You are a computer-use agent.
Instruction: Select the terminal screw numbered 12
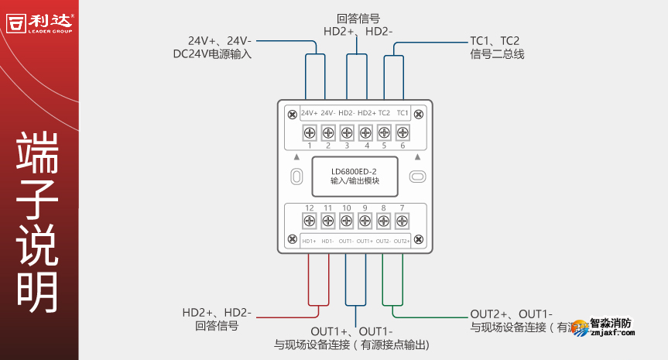click(309, 221)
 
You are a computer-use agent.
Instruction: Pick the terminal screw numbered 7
click(402, 221)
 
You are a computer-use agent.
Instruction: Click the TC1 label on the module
click(402, 113)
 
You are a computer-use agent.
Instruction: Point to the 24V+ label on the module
click(309, 113)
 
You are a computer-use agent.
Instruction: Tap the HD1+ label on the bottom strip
click(309, 242)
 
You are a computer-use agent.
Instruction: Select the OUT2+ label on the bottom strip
click(402, 242)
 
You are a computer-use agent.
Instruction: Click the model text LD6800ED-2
click(354, 171)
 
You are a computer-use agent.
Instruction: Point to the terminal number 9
click(365, 207)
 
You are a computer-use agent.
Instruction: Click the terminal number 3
click(346, 146)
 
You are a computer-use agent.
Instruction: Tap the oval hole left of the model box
click(296, 177)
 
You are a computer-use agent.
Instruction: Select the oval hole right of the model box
click(417, 177)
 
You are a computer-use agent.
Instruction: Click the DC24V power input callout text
click(213, 55)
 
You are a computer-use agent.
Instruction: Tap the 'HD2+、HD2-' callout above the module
click(358, 32)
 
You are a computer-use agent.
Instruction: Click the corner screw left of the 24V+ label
click(292, 115)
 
